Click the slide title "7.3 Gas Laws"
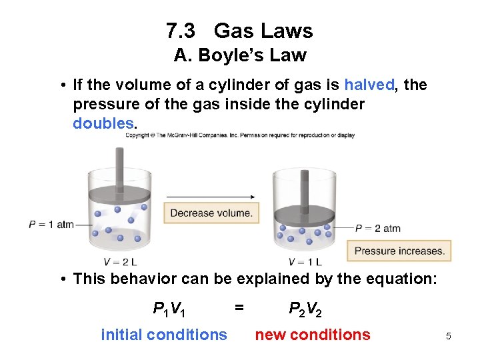(239, 31)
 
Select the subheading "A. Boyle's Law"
(239, 55)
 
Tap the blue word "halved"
(369, 85)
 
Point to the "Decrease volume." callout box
(211, 213)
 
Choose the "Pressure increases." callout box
(399, 251)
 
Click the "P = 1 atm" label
(51, 225)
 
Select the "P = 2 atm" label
(378, 229)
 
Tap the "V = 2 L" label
(120, 261)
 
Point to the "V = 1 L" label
(305, 261)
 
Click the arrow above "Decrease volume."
(211, 197)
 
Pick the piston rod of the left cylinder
(121, 167)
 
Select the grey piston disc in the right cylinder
(305, 215)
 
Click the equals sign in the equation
(239, 307)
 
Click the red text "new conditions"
(313, 335)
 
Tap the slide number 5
(449, 337)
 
